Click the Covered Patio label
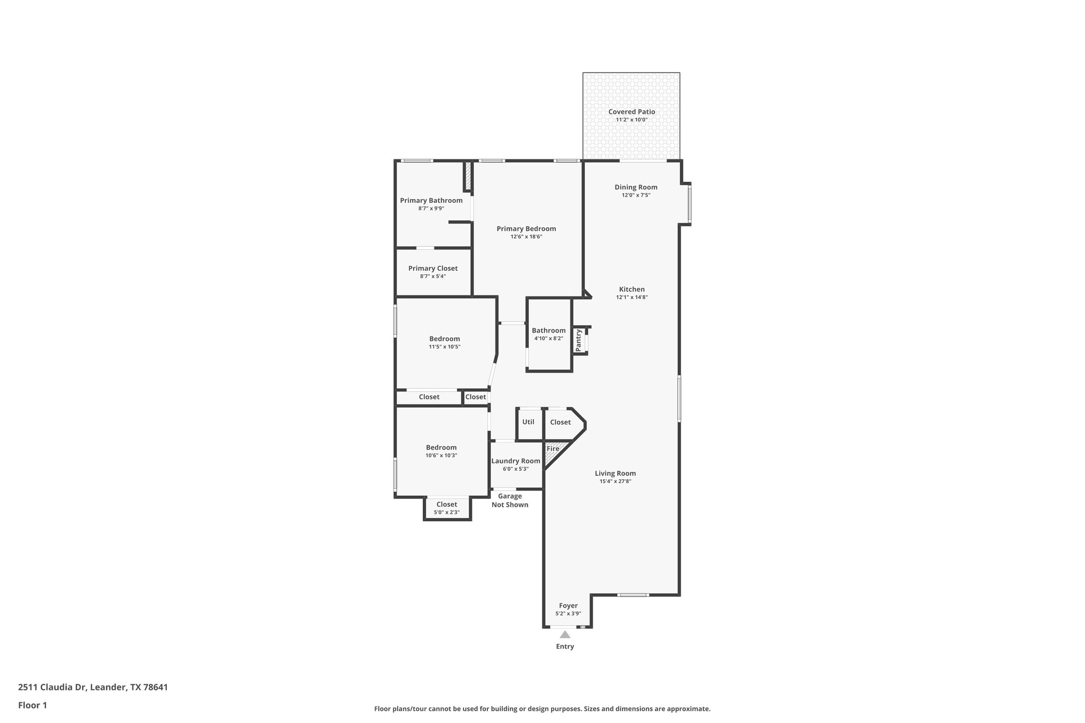[x=632, y=112]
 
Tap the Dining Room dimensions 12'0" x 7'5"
[x=636, y=195]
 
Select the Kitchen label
[x=632, y=289]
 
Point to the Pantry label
[x=579, y=340]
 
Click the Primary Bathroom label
[x=431, y=200]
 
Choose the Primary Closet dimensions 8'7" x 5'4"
[x=433, y=276]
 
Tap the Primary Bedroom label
[x=526, y=229]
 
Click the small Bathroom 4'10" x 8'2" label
[x=548, y=331]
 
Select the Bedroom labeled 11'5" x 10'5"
[x=444, y=339]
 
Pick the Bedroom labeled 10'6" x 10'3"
[x=441, y=448]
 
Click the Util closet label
[x=528, y=422]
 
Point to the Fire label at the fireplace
[x=553, y=449]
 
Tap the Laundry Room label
[x=515, y=461]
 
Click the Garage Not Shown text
[x=510, y=501]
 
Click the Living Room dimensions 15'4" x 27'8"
[x=615, y=481]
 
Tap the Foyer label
[x=568, y=605]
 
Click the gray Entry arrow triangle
[x=565, y=635]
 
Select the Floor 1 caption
[x=32, y=705]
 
